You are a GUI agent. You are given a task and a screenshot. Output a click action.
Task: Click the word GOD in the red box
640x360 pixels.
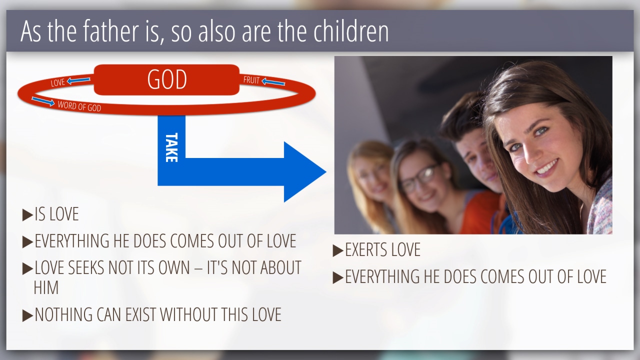point(167,79)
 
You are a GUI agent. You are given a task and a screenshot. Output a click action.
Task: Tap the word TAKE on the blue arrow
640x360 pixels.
point(171,147)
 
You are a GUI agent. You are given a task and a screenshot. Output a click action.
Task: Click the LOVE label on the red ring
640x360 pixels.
point(57,82)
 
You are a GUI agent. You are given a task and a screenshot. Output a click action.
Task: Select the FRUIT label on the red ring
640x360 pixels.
point(251,80)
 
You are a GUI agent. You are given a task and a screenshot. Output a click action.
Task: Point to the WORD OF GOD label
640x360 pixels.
point(79,106)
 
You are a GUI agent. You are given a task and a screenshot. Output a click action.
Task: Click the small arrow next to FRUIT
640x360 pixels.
point(273,82)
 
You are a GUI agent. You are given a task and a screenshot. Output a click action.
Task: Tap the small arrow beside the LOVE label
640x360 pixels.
point(78,80)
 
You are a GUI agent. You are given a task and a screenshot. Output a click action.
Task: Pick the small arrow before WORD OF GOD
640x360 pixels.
point(43,101)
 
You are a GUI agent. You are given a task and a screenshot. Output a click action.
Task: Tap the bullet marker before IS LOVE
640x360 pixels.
point(27,215)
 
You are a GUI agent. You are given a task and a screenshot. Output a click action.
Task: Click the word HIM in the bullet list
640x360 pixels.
point(46,287)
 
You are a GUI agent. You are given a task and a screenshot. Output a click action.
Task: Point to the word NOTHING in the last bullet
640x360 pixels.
point(63,314)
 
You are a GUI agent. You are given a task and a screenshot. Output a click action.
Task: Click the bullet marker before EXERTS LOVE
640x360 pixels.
point(338,250)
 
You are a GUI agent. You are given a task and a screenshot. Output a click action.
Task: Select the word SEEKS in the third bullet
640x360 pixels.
point(86,267)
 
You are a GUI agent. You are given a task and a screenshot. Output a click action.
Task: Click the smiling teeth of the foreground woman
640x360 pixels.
point(546,167)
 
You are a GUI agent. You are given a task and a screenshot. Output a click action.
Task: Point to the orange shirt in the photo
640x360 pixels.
point(480,212)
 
